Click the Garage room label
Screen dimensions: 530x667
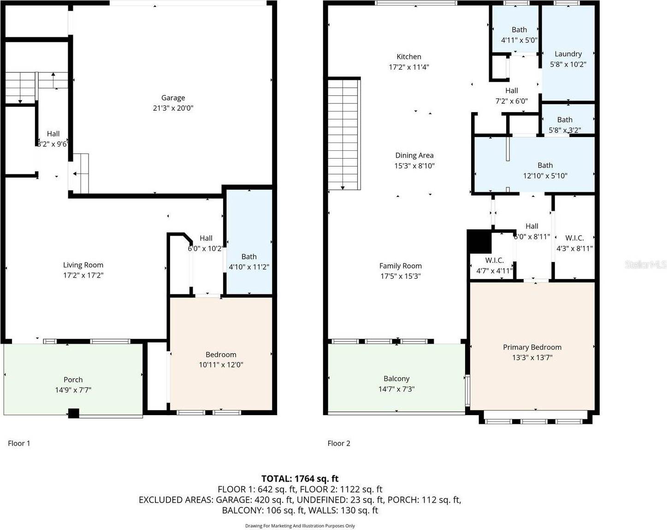[x=173, y=98]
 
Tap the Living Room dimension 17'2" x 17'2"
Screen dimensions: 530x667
[x=83, y=275]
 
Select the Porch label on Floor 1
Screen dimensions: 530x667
[x=73, y=380]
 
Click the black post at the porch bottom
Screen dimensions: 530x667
[x=74, y=413]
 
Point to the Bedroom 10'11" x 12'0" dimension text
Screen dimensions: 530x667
[x=221, y=365]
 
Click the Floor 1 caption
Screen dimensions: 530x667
[x=19, y=443]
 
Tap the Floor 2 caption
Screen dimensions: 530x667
[x=339, y=443]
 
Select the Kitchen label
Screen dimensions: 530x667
[x=408, y=57]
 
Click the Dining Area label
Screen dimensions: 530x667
[x=414, y=155]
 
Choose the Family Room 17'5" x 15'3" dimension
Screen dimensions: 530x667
[x=400, y=276]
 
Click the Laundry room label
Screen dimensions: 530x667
[x=568, y=54]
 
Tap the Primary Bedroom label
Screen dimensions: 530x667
[x=532, y=347]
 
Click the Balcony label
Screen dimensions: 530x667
[x=396, y=379]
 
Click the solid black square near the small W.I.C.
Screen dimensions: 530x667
[x=479, y=241]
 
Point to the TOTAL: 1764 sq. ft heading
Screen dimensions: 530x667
[x=300, y=479]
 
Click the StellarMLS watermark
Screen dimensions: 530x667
[x=645, y=264]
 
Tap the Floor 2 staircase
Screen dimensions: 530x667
[x=344, y=134]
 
